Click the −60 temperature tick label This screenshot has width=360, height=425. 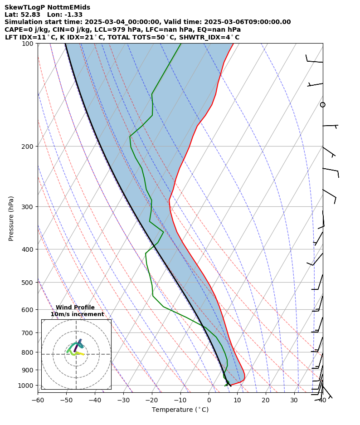(x=38, y=400)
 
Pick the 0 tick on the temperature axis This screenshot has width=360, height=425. (x=209, y=400)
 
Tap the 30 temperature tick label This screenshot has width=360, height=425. (x=294, y=400)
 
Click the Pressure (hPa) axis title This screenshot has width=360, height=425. (x=11, y=218)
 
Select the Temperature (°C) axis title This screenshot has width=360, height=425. (x=180, y=410)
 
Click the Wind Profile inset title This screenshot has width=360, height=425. (x=75, y=308)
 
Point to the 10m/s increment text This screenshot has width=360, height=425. (x=77, y=314)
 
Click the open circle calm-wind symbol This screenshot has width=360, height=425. (x=322, y=105)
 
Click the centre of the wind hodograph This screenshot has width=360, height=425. (x=76, y=354)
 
